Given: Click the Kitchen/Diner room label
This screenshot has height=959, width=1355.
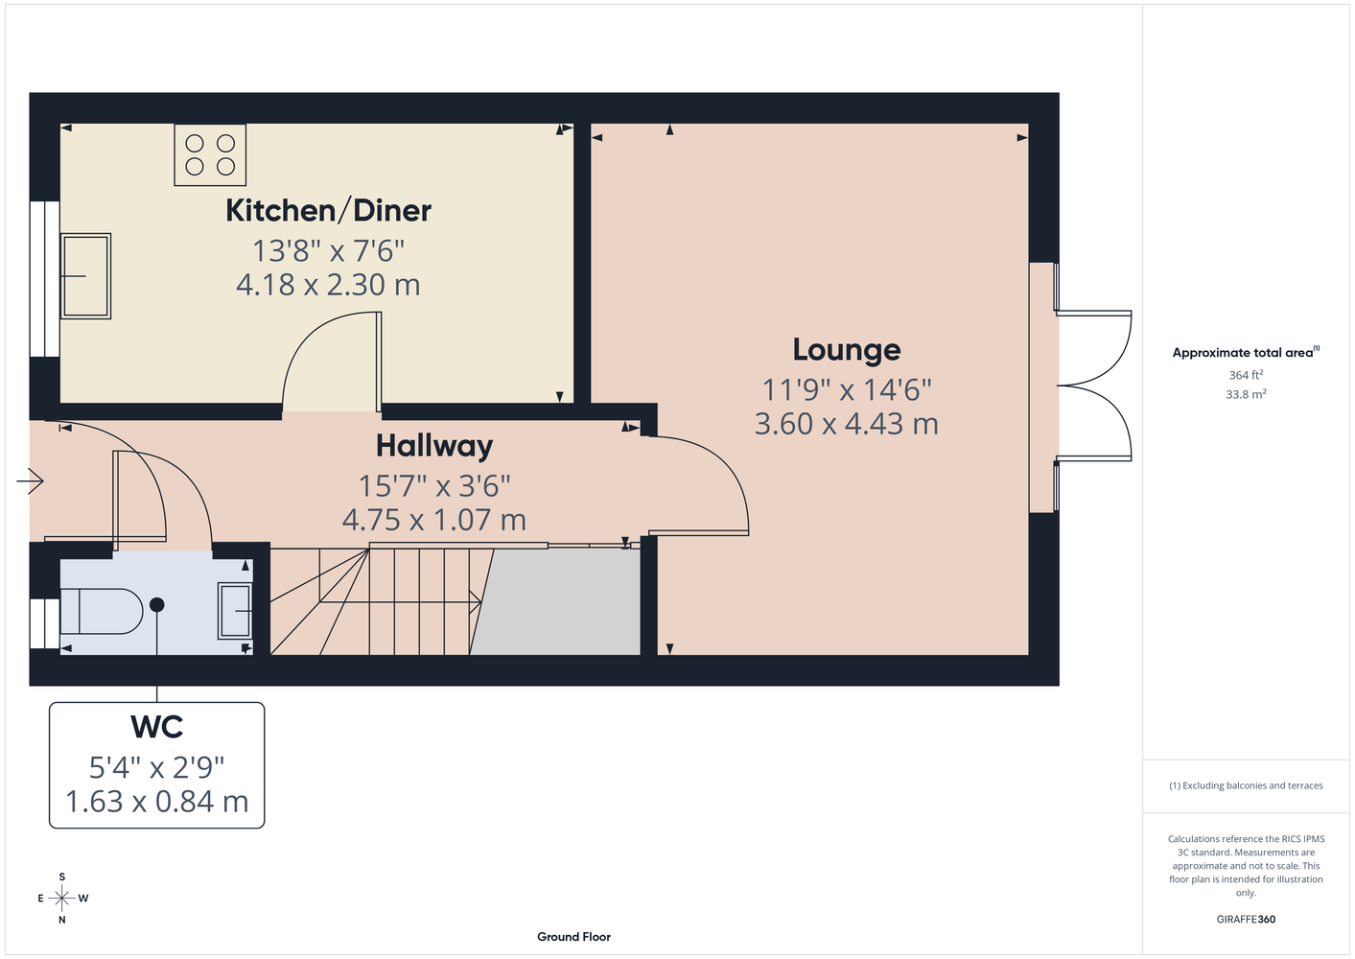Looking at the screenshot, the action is (329, 211).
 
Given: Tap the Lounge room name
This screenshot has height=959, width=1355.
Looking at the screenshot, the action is (846, 350).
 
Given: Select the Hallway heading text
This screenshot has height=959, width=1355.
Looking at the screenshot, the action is (434, 447).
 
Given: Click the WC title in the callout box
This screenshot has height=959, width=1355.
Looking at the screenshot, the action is (156, 727).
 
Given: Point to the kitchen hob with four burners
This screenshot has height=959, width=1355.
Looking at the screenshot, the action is (210, 155).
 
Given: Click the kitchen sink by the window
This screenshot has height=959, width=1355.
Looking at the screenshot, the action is (85, 276).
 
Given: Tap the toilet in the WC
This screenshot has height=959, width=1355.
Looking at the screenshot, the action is (102, 611).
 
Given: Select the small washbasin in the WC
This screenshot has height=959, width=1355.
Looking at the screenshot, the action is (235, 611).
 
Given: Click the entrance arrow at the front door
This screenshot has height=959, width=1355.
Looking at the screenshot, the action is (30, 481).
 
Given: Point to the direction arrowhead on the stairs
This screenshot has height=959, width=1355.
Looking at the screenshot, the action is (476, 601).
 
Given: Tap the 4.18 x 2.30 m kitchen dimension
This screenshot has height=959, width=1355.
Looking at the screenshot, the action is (328, 285).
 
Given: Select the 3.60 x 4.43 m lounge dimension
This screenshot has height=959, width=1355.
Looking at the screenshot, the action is (846, 424).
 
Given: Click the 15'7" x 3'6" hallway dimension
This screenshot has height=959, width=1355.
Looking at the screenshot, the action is (434, 486).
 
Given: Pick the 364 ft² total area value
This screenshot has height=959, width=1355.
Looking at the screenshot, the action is (1246, 375).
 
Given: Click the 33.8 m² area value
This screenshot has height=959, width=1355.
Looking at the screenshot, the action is (1246, 394).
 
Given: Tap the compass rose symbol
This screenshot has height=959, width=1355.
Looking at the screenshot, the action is (61, 899).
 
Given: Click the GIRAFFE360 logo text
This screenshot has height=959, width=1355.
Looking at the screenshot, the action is (1246, 919).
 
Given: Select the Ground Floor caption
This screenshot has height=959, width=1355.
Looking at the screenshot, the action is (574, 937).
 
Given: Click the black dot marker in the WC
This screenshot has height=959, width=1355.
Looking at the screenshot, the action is (156, 604).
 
